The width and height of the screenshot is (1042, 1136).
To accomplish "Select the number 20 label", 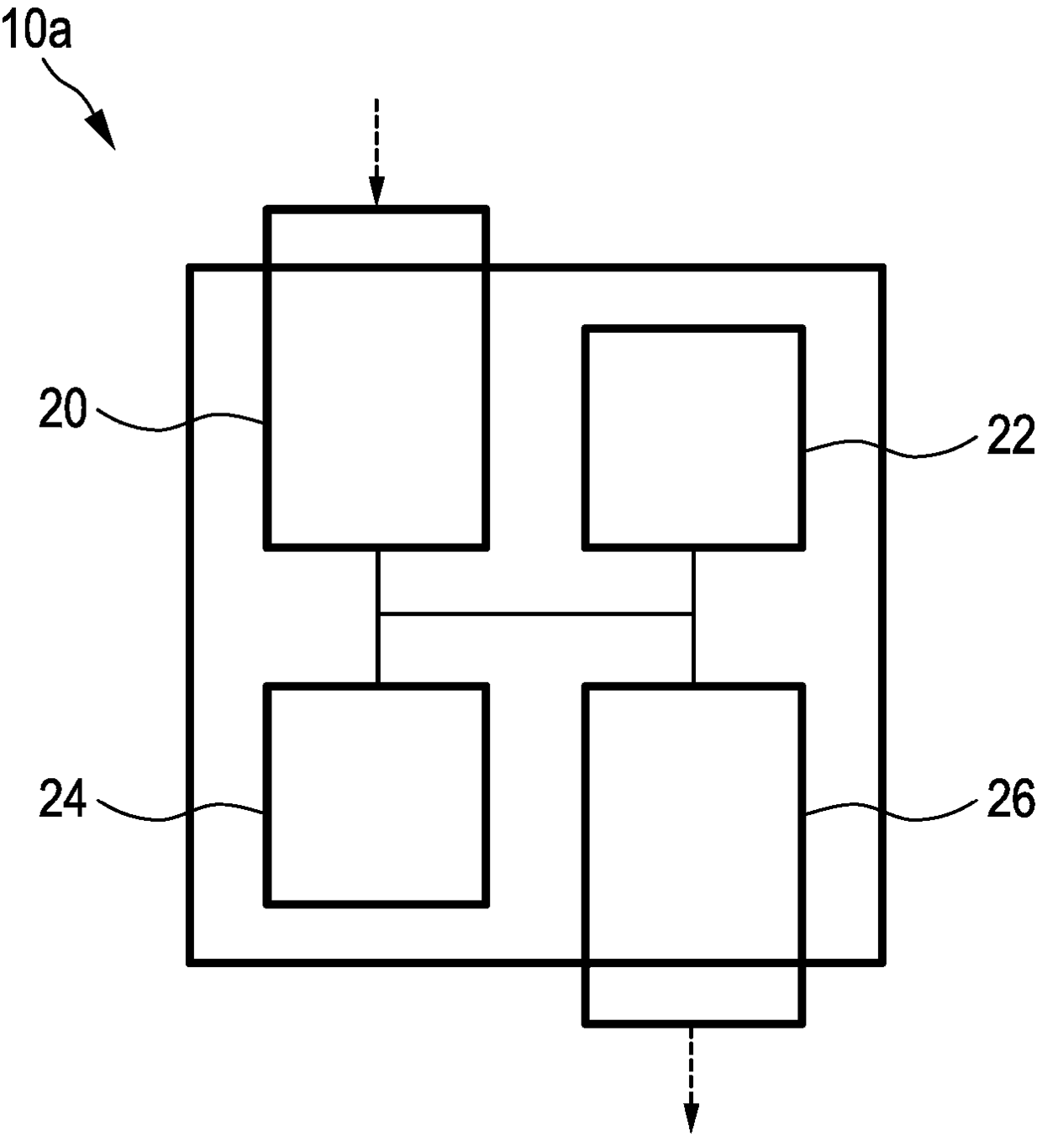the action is pyautogui.click(x=63, y=413).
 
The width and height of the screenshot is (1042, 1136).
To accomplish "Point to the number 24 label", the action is pyautogui.click(x=63, y=799).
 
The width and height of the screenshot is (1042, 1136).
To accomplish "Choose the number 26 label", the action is pyautogui.click(x=1010, y=799).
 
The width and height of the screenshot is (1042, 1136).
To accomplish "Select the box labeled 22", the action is pyautogui.click(x=693, y=437).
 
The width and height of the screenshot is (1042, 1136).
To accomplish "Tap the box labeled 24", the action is pyautogui.click(x=376, y=795).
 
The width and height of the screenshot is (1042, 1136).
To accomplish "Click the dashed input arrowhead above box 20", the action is pyautogui.click(x=376, y=194).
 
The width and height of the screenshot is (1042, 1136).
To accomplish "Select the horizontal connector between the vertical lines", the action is pyautogui.click(x=535, y=615).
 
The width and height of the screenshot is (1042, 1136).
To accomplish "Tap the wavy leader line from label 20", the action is pyautogui.click(x=181, y=421).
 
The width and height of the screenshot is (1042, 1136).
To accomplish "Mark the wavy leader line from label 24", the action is pyautogui.click(x=181, y=812).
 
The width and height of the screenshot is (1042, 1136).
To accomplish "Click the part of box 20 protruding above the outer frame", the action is pyautogui.click(x=376, y=238).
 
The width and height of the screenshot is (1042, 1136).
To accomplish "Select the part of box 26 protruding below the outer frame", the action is pyautogui.click(x=693, y=993).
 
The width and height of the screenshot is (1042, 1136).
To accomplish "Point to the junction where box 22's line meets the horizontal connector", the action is pyautogui.click(x=693, y=615).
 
